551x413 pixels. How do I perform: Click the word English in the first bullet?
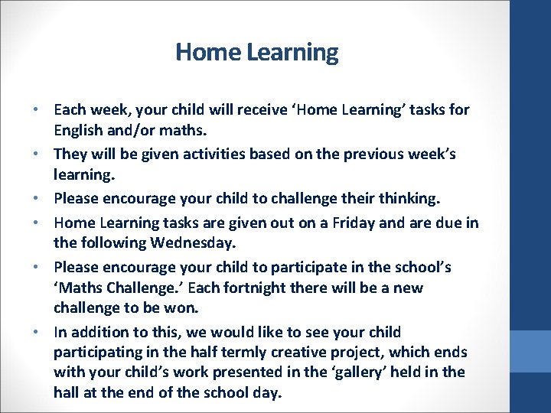(x=80, y=132)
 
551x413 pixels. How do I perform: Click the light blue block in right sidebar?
(x=530, y=351)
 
